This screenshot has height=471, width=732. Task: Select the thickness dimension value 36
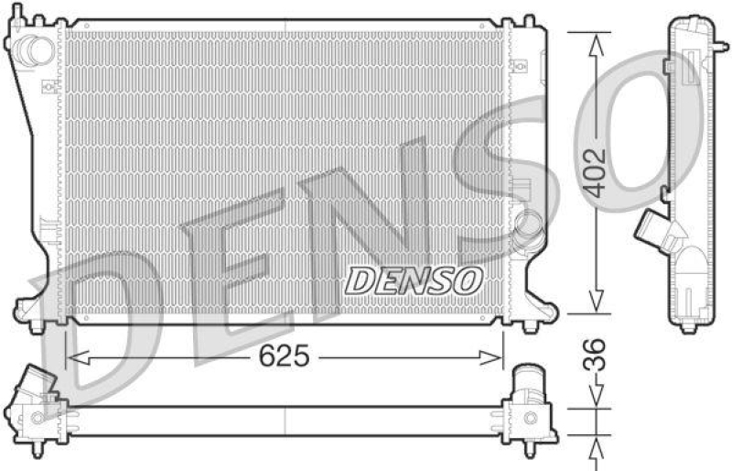[x=596, y=356]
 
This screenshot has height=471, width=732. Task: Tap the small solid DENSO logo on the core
[x=413, y=280]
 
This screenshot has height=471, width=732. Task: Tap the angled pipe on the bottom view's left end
[x=37, y=384]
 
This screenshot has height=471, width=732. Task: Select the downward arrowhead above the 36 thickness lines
[x=596, y=400]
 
